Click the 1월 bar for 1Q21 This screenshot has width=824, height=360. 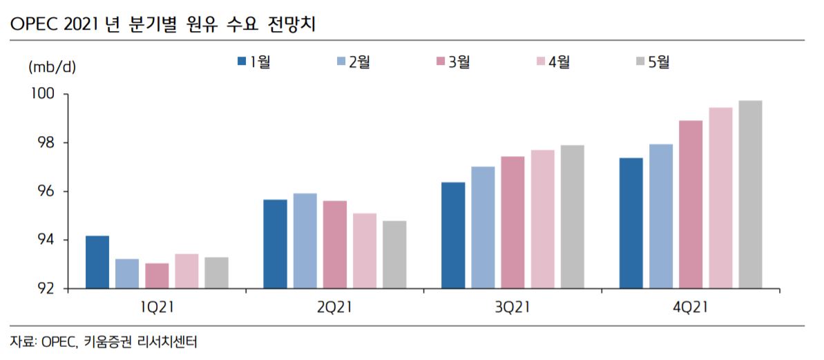[x=97, y=262]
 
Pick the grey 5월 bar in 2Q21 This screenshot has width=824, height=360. [x=394, y=254]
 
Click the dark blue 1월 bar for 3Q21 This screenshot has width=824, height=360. [x=453, y=235]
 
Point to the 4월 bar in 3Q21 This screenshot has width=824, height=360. [x=542, y=219]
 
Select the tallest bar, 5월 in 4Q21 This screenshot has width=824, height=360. [x=750, y=194]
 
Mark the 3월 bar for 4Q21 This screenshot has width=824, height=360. [x=691, y=204]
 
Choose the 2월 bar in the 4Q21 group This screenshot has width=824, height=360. [x=661, y=216]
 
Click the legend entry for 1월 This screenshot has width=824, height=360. [x=253, y=62]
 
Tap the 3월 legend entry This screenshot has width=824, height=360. [x=452, y=62]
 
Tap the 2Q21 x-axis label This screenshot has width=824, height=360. [x=334, y=307]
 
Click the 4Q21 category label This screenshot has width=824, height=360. [x=690, y=307]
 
